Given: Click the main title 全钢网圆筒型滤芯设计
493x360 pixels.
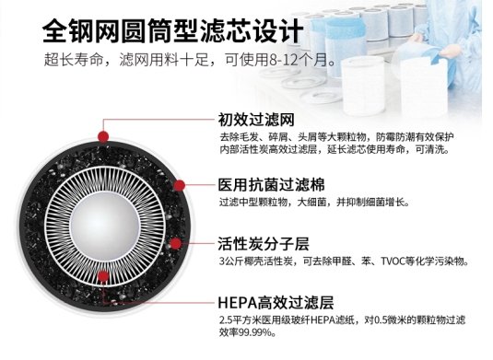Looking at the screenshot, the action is click(x=172, y=30).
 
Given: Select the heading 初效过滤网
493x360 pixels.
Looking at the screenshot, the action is click(x=256, y=120).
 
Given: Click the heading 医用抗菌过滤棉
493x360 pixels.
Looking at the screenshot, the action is click(x=271, y=185).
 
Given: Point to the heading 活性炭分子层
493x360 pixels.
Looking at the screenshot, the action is click(x=264, y=244).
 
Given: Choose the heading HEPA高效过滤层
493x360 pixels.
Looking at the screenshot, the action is click(x=276, y=303).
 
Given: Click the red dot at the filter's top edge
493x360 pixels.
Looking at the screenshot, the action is click(x=103, y=137).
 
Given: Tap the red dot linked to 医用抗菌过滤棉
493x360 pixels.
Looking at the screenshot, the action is click(x=179, y=185).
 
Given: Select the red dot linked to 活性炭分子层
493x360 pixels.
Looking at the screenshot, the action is click(x=176, y=243).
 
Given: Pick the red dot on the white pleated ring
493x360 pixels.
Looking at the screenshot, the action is click(x=103, y=276).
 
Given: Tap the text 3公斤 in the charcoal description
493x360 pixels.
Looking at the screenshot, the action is click(x=230, y=261).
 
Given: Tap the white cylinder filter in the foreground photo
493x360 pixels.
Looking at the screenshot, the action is click(x=363, y=84).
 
